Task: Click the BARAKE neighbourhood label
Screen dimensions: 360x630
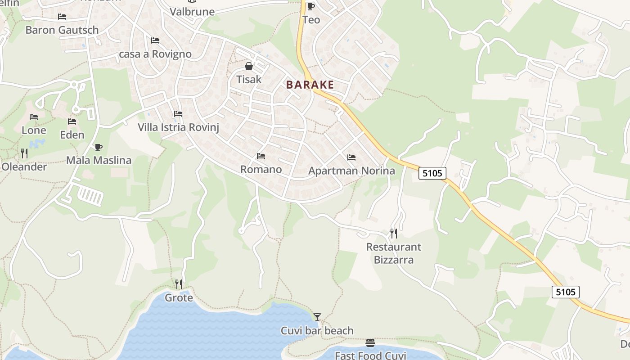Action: (x=310, y=85)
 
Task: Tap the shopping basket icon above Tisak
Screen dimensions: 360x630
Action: (x=249, y=67)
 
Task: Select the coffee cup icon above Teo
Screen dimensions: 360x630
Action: (x=310, y=6)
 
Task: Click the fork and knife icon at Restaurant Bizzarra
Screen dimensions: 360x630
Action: (x=394, y=233)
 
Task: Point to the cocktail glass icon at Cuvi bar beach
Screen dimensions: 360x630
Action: (x=317, y=317)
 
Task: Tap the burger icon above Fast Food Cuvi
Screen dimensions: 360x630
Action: (x=370, y=343)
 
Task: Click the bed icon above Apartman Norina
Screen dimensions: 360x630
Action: (x=351, y=157)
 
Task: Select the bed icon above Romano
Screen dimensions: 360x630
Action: (x=261, y=156)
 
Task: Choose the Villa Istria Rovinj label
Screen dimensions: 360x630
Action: (x=178, y=127)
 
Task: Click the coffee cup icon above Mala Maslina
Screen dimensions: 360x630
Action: (x=99, y=147)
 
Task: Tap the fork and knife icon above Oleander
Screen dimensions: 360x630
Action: (x=24, y=153)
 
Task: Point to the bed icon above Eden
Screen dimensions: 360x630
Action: (x=72, y=121)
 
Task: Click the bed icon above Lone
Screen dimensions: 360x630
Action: (x=34, y=117)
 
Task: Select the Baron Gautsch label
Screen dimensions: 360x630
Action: (x=62, y=30)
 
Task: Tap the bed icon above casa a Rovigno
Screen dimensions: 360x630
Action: (x=155, y=40)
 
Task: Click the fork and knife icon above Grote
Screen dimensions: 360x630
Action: (x=179, y=284)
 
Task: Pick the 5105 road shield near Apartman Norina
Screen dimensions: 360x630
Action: (x=432, y=173)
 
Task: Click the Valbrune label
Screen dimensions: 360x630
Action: (x=192, y=12)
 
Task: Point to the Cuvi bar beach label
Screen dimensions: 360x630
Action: (x=317, y=331)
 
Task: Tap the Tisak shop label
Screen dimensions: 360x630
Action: (x=249, y=80)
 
